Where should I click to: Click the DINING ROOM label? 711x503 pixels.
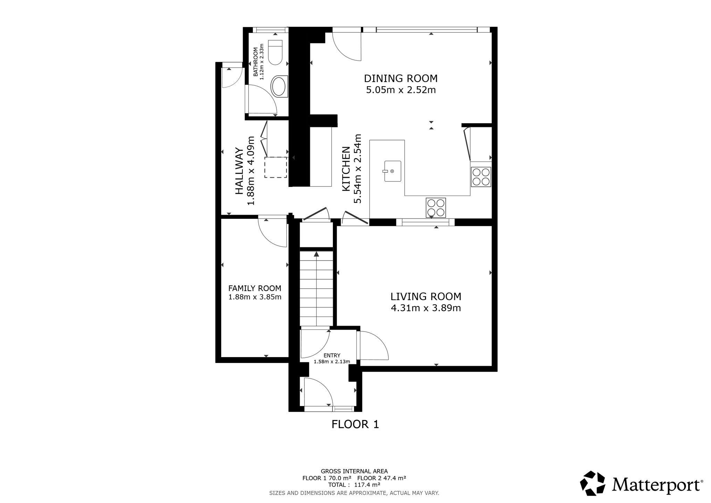click(401, 78)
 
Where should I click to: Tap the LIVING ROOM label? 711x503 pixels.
click(426, 296)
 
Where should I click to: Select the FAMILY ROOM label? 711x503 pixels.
click(255, 288)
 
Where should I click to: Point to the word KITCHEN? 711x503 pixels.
click(346, 169)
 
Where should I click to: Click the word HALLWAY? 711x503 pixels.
click(239, 171)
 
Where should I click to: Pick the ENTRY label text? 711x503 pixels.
click(332, 355)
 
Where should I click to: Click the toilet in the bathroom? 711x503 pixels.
click(275, 52)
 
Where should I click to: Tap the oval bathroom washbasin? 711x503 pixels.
click(279, 86)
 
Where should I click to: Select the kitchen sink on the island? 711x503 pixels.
click(392, 171)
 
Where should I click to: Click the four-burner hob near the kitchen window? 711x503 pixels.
click(436, 208)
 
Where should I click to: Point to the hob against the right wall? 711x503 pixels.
click(481, 177)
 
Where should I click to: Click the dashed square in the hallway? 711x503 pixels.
click(276, 167)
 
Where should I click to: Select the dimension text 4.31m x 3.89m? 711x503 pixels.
click(426, 308)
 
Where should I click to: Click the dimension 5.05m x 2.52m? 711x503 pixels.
click(401, 90)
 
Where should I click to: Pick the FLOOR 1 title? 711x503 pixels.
click(355, 424)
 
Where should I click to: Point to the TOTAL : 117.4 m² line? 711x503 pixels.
click(354, 485)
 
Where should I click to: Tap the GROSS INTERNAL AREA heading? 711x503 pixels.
click(354, 471)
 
